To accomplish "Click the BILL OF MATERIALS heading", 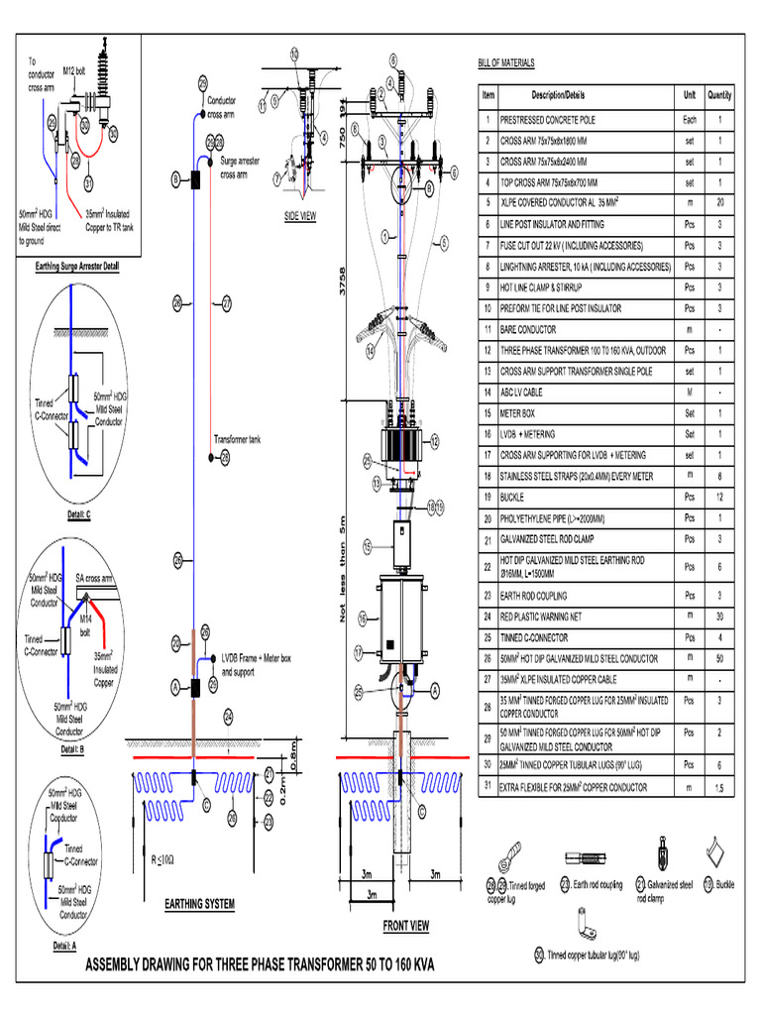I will [x=506, y=62].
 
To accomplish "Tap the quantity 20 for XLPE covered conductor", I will [x=719, y=202].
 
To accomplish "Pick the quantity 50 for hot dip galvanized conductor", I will [x=719, y=657].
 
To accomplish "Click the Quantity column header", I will [x=719, y=95].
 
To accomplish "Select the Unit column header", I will [x=689, y=95].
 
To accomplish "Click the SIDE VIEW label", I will [x=299, y=215].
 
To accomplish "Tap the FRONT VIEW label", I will [x=406, y=926].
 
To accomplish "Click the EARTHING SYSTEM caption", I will [x=199, y=904].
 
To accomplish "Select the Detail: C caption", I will [x=79, y=514].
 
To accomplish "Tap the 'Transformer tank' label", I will [x=238, y=438].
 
